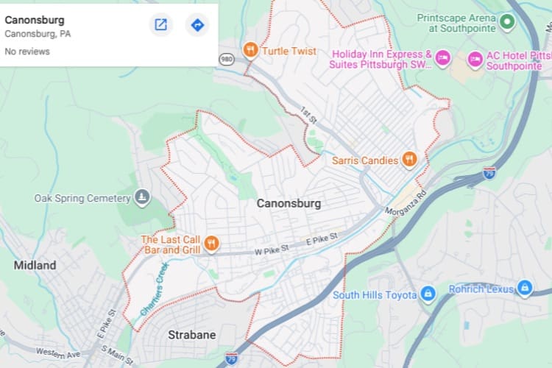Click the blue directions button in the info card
tap(197, 25)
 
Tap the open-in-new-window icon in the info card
tap(160, 25)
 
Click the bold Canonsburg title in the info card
tap(35, 20)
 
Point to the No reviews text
tap(27, 52)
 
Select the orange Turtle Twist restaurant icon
tap(251, 51)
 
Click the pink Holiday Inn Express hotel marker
tap(442, 58)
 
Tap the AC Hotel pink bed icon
tap(475, 59)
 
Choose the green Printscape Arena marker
tap(506, 22)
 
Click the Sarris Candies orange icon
tap(410, 159)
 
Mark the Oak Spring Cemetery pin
tap(142, 197)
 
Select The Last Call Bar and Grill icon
tap(211, 244)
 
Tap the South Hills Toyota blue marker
tap(428, 294)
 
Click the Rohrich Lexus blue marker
tap(524, 288)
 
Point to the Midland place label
tap(35, 265)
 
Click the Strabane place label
tap(192, 335)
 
